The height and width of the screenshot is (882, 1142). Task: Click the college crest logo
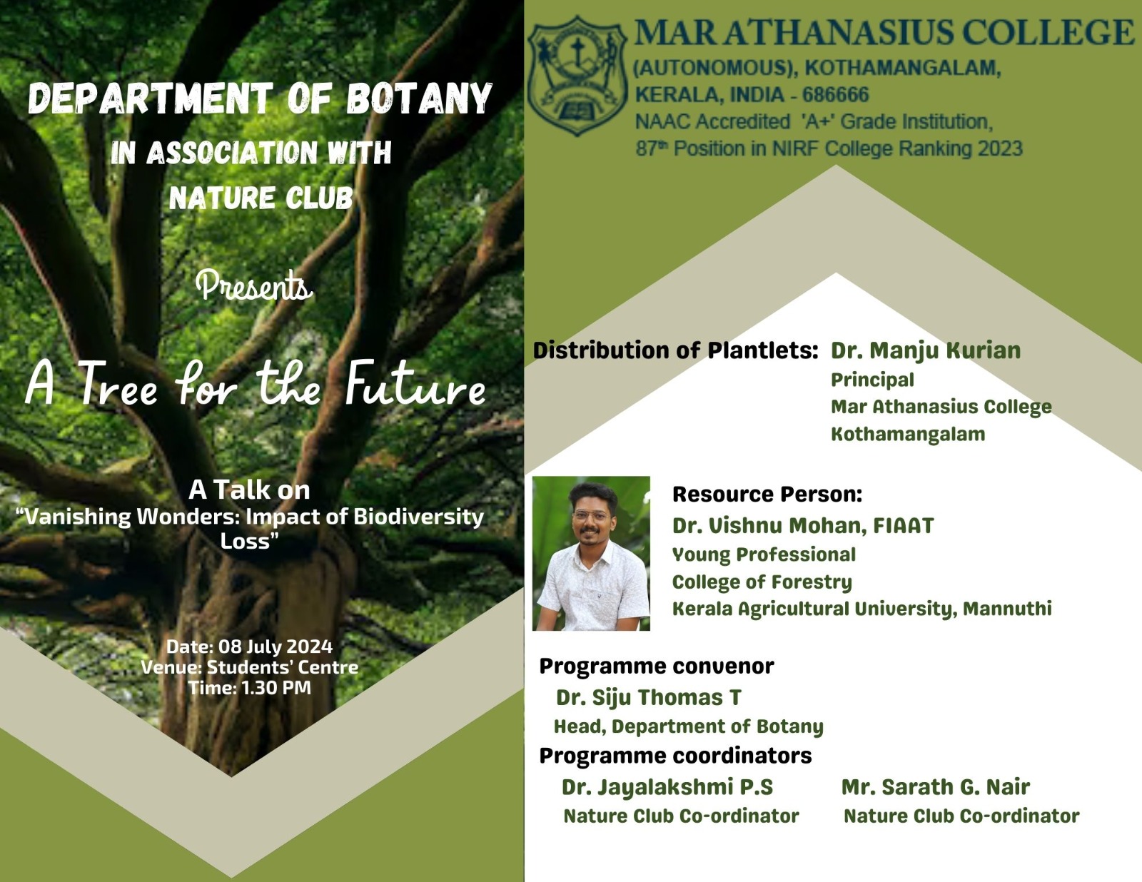[577, 76]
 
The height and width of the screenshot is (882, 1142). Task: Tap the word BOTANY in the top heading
[419, 98]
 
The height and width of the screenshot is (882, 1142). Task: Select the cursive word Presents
[254, 285]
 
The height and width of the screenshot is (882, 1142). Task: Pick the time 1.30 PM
[276, 688]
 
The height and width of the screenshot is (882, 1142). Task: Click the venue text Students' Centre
[282, 667]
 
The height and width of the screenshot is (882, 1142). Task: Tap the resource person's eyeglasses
[592, 515]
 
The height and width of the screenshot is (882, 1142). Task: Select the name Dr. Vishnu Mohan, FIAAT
[803, 526]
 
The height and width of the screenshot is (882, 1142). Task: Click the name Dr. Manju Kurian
[926, 351]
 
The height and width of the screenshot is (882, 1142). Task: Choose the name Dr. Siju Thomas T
[649, 698]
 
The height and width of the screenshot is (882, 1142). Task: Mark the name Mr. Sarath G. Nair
[936, 787]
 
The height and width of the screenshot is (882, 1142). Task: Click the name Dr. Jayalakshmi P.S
[667, 787]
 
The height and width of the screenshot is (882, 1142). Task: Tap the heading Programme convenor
[657, 666]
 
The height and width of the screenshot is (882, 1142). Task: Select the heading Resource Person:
[767, 495]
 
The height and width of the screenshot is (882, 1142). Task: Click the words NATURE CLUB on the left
[261, 198]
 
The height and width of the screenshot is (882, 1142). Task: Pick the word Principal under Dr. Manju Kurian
[872, 380]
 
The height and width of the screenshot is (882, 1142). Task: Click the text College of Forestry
[762, 582]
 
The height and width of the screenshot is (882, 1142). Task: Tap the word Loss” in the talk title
[248, 541]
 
